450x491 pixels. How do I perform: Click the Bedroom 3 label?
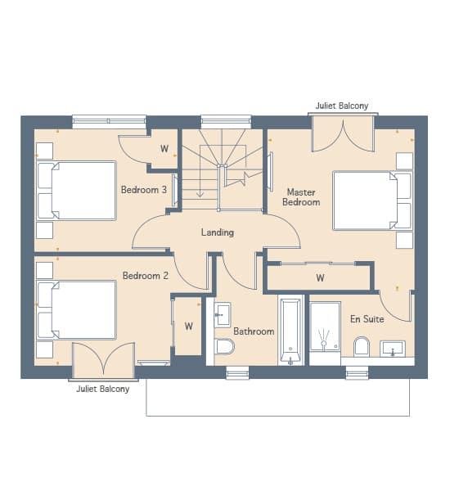pos(144,190)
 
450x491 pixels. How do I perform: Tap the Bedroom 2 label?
pos(146,276)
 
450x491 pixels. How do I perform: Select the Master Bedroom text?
pos(301,197)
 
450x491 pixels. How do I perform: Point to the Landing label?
pos(218,232)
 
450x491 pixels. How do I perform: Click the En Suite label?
pos(367,319)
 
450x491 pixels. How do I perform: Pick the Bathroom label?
pos(254,331)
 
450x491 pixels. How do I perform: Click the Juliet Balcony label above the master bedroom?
pos(342,106)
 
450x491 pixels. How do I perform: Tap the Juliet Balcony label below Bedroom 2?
pos(103,389)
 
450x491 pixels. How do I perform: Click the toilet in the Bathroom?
pos(224,346)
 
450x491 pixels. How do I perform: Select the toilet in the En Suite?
pos(362,346)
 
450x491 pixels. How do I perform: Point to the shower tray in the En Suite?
pos(325,327)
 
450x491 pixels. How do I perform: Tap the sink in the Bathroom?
pos(223,315)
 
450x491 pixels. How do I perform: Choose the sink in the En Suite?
pos(393,349)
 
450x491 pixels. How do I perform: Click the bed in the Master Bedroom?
pos(372,200)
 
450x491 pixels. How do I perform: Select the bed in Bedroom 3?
pos(76,191)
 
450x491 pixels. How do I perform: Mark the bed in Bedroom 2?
pos(76,310)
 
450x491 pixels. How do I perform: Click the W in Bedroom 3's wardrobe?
pos(164,149)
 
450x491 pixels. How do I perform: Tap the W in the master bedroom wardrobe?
pos(320,277)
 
